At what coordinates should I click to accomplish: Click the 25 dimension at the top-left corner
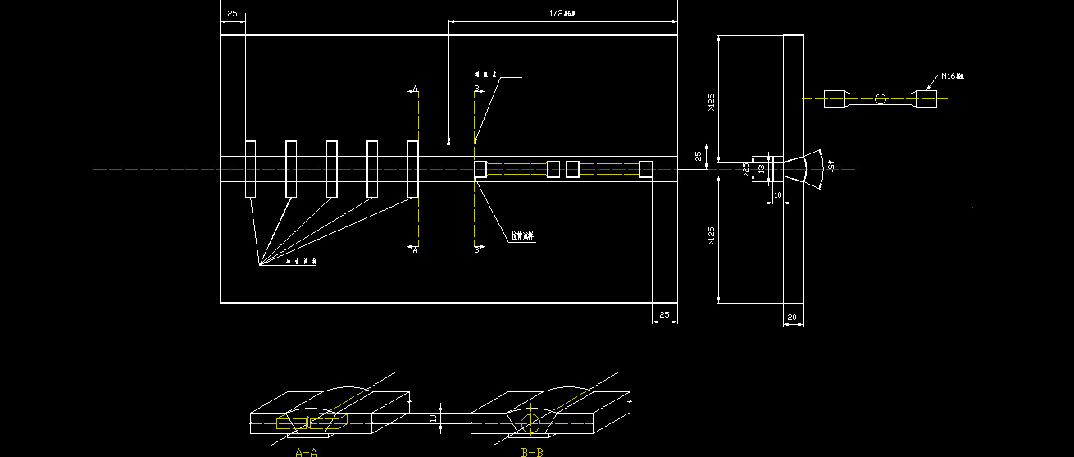pyautogui.click(x=232, y=14)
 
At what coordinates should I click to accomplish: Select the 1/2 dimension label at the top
pyautogui.click(x=562, y=14)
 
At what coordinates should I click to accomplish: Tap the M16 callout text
pyautogui.click(x=952, y=76)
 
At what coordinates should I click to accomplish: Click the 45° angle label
pyautogui.click(x=831, y=166)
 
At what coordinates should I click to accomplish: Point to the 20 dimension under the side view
pyautogui.click(x=792, y=317)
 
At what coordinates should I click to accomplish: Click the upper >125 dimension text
pyautogui.click(x=711, y=102)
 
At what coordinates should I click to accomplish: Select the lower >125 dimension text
pyautogui.click(x=711, y=237)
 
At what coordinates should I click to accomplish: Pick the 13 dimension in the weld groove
pyautogui.click(x=762, y=168)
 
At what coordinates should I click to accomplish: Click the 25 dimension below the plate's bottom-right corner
pyautogui.click(x=664, y=315)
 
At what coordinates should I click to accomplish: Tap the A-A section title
pyautogui.click(x=307, y=451)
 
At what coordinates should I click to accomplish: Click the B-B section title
pyautogui.click(x=532, y=451)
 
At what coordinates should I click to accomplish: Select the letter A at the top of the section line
pyautogui.click(x=415, y=89)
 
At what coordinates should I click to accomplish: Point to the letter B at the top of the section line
pyautogui.click(x=476, y=88)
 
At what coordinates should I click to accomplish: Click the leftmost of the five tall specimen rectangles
pyautogui.click(x=250, y=169)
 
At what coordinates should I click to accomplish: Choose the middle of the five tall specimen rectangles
pyautogui.click(x=331, y=169)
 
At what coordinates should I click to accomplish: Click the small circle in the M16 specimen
pyautogui.click(x=881, y=99)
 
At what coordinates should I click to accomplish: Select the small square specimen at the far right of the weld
pyautogui.click(x=646, y=169)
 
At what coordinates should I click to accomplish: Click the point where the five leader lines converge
pyautogui.click(x=259, y=265)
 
